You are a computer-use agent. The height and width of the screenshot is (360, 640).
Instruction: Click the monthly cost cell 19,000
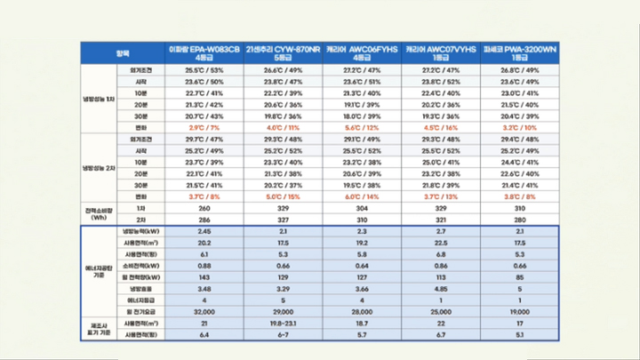[521, 313]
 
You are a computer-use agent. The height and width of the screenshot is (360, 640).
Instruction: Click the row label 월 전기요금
[140, 313]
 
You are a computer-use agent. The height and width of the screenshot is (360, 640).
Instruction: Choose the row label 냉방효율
[140, 289]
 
